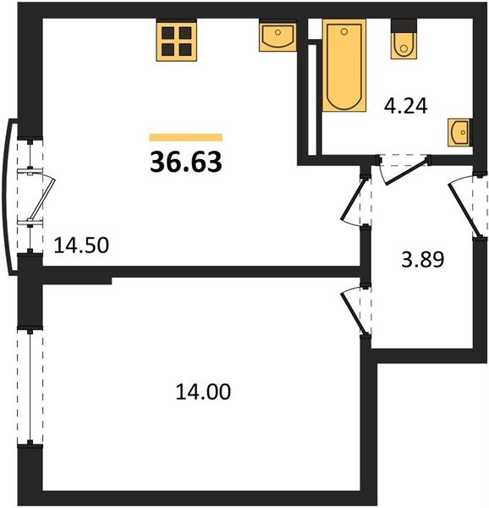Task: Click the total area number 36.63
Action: [x=186, y=162]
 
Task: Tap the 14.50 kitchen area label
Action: [x=81, y=246]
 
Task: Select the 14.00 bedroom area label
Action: [x=203, y=391]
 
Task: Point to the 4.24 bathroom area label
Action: [x=405, y=106]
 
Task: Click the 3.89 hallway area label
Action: [x=423, y=260]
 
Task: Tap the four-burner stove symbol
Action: [x=177, y=41]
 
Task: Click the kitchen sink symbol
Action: [x=278, y=36]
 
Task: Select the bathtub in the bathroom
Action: [x=344, y=65]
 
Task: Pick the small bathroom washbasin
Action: [x=458, y=132]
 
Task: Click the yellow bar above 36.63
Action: [x=186, y=137]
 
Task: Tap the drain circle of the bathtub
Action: [x=344, y=31]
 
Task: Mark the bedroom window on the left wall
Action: [x=30, y=387]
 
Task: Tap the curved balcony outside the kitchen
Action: [x=9, y=197]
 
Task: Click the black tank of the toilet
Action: [x=404, y=25]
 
